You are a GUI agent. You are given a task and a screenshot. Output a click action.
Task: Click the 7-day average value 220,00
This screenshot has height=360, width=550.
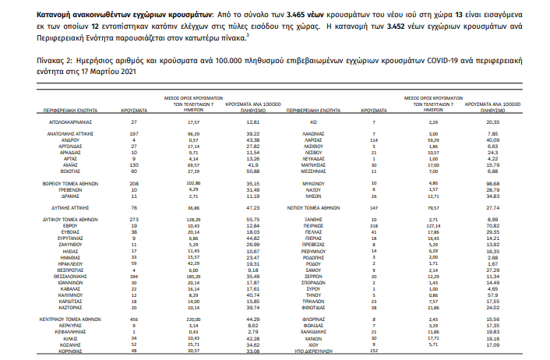point(194,319)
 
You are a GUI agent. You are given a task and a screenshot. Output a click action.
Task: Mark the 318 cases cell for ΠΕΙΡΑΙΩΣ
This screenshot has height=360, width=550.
point(375,225)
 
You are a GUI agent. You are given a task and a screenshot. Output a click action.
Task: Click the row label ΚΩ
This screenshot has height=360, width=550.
point(312,122)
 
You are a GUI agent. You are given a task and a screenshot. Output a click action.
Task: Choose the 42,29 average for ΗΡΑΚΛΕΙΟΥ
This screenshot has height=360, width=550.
point(194,263)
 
